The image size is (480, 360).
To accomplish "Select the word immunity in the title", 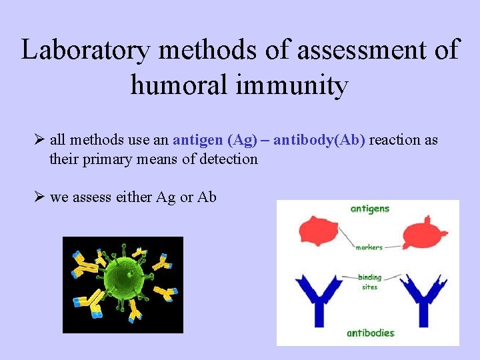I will [304, 85].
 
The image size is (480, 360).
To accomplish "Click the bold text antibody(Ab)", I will [319, 140].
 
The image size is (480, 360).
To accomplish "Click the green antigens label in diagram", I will [369, 209].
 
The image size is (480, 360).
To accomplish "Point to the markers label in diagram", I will [369, 247].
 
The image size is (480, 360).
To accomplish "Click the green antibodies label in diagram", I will [370, 333].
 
